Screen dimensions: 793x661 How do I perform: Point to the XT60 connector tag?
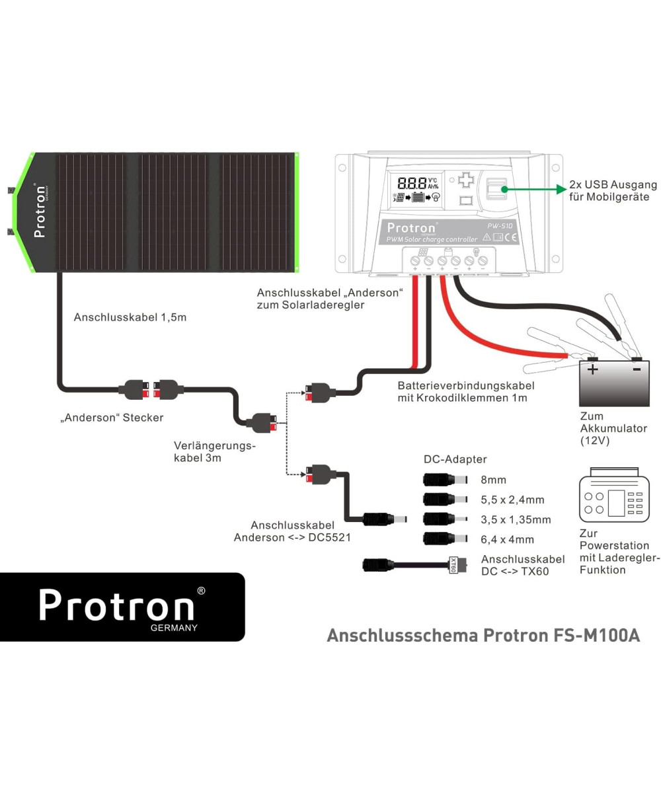[453, 566]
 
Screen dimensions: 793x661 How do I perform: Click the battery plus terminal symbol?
[593, 369]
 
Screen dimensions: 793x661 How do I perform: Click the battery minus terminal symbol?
[636, 369]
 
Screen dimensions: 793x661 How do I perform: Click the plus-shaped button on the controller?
[467, 180]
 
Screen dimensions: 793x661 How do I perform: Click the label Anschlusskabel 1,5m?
[130, 317]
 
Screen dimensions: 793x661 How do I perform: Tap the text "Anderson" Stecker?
[111, 418]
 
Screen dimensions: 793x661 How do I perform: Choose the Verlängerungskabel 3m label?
[214, 451]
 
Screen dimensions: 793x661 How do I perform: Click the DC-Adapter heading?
[455, 459]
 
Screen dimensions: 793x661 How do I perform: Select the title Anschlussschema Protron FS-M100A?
[483, 636]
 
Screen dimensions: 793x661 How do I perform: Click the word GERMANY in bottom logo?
[174, 628]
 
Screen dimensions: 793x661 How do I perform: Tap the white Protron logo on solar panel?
[40, 210]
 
